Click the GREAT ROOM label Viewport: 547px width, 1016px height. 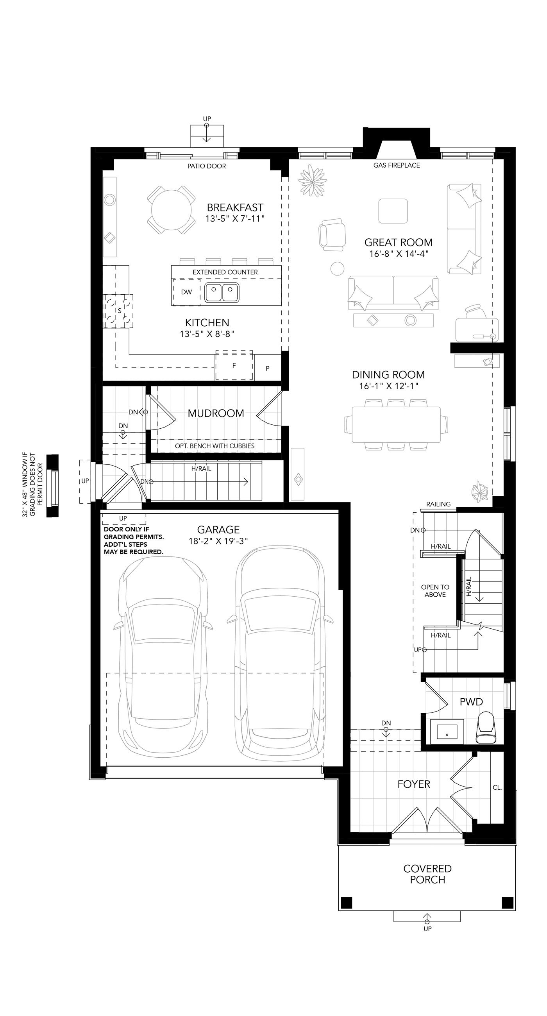click(398, 242)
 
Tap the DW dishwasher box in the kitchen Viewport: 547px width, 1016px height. click(186, 292)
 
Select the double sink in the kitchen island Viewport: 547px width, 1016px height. click(222, 292)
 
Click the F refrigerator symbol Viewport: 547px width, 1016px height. click(234, 365)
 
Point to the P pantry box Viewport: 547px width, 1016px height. click(268, 368)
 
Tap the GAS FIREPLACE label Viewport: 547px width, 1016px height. click(396, 165)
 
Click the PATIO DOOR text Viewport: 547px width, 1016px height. click(207, 166)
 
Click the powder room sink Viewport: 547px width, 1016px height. click(447, 730)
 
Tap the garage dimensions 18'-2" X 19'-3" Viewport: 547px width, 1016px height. click(218, 541)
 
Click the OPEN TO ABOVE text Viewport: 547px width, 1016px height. click(435, 590)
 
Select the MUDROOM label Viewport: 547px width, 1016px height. click(216, 413)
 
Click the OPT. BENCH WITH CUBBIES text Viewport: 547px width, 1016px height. click(215, 446)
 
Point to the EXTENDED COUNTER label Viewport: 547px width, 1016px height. click(225, 272)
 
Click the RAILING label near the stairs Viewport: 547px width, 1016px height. click(438, 504)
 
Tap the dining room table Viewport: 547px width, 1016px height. click(396, 424)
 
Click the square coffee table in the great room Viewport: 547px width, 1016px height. click(393, 211)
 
